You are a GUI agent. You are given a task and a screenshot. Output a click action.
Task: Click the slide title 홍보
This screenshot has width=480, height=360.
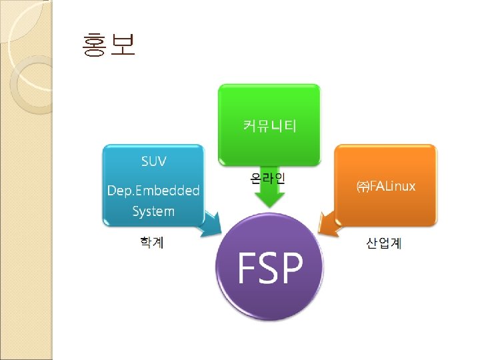coord(109,45)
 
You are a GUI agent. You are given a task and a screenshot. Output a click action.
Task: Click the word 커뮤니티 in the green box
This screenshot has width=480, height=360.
coord(269,125)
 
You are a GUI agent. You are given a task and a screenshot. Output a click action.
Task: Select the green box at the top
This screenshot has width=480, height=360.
coord(269,107)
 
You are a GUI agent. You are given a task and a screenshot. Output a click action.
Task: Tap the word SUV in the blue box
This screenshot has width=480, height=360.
coord(154,161)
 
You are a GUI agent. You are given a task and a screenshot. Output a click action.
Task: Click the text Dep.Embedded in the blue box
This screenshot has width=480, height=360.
coord(153,190)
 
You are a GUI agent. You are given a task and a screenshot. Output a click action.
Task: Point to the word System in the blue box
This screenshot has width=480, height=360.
coord(153,211)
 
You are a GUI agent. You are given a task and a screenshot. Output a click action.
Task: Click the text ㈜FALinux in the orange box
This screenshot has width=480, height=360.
coord(385,186)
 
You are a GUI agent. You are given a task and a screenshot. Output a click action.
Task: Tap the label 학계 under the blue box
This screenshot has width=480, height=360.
coord(152,242)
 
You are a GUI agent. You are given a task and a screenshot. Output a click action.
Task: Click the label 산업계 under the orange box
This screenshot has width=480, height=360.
coord(383,243)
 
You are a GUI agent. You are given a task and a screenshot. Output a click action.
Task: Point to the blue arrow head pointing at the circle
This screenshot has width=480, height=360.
coord(213,227)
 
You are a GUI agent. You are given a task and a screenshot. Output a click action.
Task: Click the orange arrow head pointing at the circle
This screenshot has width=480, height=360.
coord(326,224)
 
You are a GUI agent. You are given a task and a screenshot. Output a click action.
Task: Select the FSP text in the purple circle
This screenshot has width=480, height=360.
coord(271,267)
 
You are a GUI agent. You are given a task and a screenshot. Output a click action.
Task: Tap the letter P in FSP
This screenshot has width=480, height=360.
coord(293,267)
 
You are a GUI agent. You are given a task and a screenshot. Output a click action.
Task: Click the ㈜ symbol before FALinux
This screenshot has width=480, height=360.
coord(362,187)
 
